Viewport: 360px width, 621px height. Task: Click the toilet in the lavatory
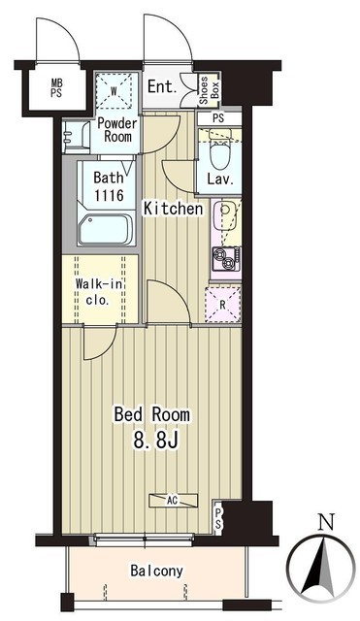pyautogui.click(x=220, y=152)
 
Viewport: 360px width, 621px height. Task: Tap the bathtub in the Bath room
pyautogui.click(x=106, y=230)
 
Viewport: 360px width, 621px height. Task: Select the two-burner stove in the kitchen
pyautogui.click(x=226, y=259)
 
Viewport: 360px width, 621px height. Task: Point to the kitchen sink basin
pyautogui.click(x=225, y=214)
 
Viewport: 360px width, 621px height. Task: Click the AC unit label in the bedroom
pyautogui.click(x=173, y=501)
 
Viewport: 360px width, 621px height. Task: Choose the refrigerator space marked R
pyautogui.click(x=223, y=305)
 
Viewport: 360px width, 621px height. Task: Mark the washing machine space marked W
pyautogui.click(x=115, y=91)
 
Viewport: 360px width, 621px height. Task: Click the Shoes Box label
pyautogui.click(x=209, y=90)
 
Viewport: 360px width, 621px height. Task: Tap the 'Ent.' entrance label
pyautogui.click(x=162, y=87)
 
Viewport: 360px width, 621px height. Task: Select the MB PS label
pyautogui.click(x=57, y=88)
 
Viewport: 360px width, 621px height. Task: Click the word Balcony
pyautogui.click(x=157, y=571)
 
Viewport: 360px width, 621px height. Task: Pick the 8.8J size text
pyautogui.click(x=155, y=440)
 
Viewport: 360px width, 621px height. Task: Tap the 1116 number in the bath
pyautogui.click(x=109, y=195)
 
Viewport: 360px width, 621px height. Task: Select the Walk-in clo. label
pyautogui.click(x=99, y=291)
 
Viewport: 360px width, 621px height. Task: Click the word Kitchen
pyautogui.click(x=173, y=209)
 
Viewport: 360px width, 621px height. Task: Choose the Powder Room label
pyautogui.click(x=117, y=129)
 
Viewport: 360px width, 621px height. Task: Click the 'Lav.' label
pyautogui.click(x=220, y=180)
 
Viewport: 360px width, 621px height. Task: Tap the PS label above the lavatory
pyautogui.click(x=218, y=117)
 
